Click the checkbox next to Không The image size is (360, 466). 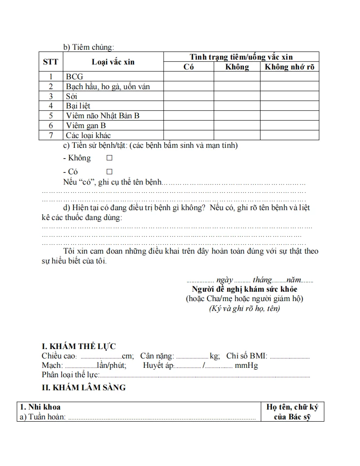109,158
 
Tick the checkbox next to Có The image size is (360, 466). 109,172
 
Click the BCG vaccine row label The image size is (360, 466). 74,77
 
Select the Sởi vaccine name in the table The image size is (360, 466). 72,96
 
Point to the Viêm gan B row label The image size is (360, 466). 86,125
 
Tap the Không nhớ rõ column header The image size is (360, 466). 290,67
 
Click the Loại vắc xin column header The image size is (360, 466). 113,62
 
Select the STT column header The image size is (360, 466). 50,62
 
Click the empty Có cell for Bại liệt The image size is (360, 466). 188,106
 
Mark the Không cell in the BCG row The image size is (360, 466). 237,77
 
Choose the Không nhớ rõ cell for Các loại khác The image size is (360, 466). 290,135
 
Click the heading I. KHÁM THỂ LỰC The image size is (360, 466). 78,346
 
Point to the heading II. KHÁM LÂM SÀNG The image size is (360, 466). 84,388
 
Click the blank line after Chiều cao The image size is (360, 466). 102,357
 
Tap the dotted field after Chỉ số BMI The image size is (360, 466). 290,357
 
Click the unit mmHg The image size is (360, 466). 247,366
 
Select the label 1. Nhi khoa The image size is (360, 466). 40,407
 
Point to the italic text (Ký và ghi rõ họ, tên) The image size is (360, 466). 244,308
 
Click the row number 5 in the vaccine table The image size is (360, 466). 51,116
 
